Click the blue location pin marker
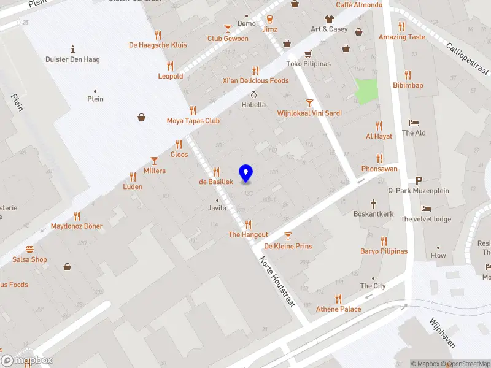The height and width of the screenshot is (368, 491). pos(245,174)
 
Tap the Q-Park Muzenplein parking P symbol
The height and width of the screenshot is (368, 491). pos(419,180)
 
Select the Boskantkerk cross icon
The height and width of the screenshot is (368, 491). pos(373,203)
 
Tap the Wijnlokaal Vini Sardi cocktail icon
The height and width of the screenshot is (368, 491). pos(309,103)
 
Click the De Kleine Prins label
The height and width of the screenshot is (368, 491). pos(288,246)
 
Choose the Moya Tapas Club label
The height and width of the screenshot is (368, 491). pos(193,121)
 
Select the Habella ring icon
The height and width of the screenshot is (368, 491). pos(254,95)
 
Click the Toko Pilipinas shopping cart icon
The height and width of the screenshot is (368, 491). pos(307,53)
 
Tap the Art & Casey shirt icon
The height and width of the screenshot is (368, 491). pos(329,19)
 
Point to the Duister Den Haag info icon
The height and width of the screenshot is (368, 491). pos(72,49)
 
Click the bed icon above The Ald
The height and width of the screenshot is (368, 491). pos(414,123)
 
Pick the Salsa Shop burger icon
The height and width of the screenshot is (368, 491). pos(29,249)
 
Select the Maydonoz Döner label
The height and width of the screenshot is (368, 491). pos(77,226)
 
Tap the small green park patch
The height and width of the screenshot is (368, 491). pos(367,91)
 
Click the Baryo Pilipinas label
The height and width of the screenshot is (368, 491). pos(384,251)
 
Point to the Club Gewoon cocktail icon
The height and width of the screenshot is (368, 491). pos(228,28)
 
